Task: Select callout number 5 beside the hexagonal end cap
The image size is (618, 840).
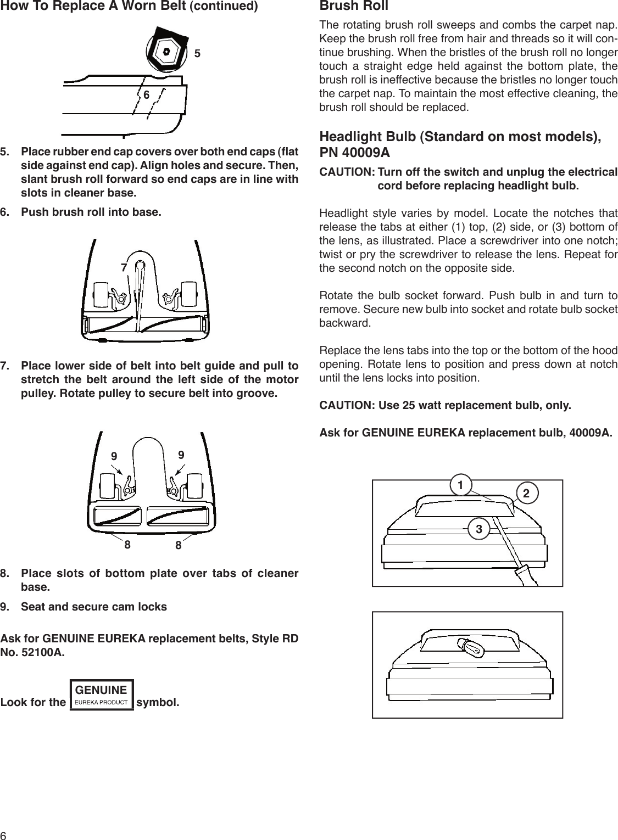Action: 197,54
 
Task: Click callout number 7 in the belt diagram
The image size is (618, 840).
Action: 124,267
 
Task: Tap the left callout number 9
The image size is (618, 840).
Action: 114,456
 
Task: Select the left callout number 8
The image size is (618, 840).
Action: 127,545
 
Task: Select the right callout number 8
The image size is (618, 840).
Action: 178,546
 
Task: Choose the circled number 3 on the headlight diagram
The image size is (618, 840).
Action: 479,529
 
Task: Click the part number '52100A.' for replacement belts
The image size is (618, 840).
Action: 42,653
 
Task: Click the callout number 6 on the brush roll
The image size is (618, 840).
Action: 147,94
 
